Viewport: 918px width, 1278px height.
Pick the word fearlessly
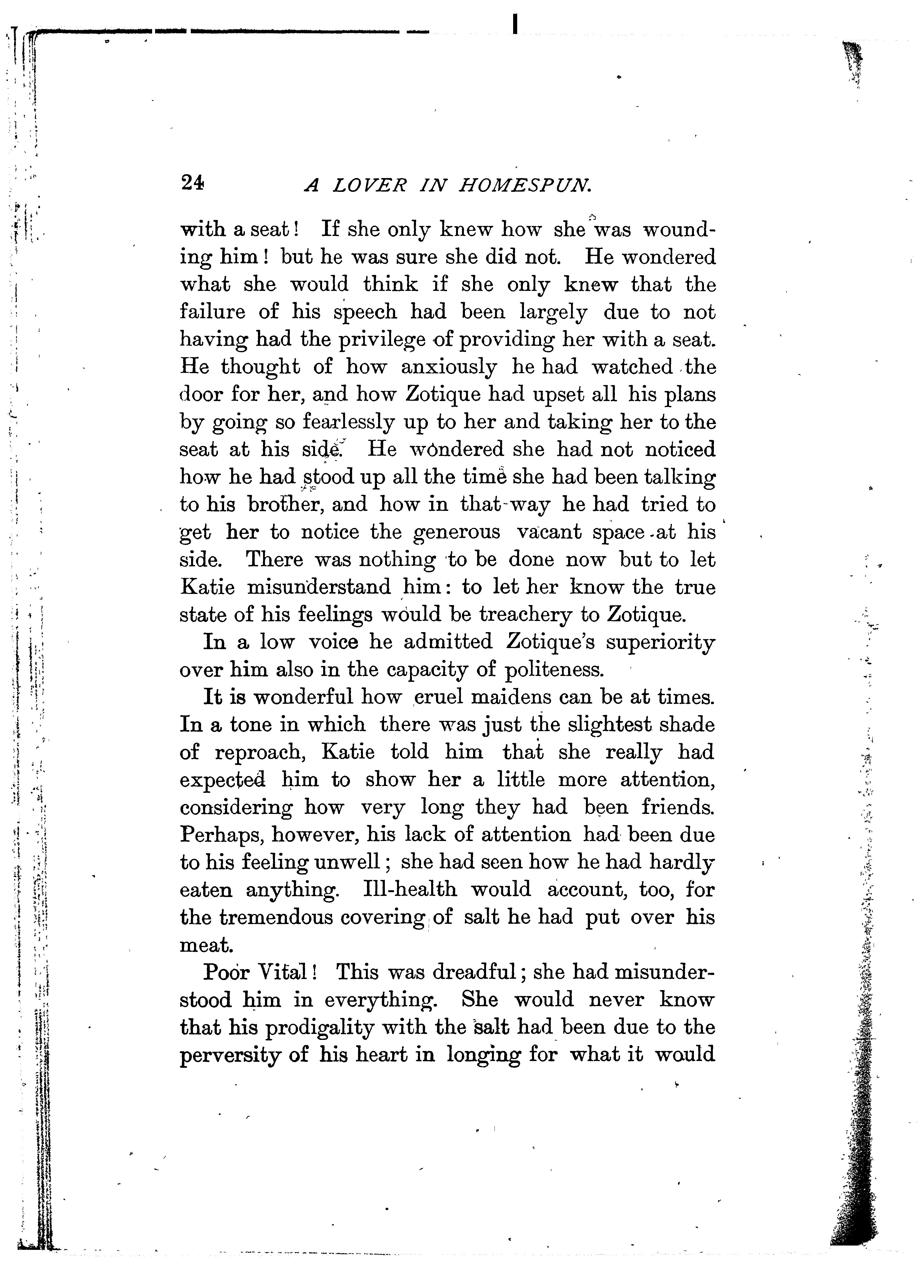tap(345, 422)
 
